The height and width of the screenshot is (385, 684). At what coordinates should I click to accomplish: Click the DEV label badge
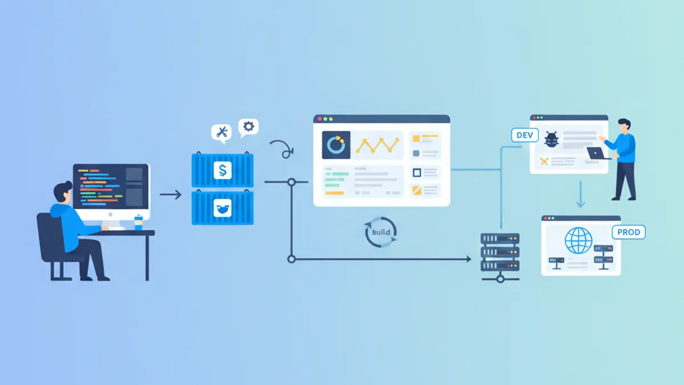coord(524,135)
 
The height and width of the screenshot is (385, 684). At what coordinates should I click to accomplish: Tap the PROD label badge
coord(628,232)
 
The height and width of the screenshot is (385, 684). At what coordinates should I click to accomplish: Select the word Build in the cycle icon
coord(381,232)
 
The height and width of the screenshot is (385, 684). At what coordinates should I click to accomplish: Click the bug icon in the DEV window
coord(552,140)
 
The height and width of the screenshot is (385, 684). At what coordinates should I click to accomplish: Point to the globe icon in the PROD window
coord(579,241)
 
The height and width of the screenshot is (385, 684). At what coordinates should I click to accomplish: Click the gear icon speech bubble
coord(249,127)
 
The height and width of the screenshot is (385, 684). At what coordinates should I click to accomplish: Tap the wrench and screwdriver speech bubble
coord(221,133)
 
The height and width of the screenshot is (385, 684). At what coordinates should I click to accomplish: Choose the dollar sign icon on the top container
coord(223,170)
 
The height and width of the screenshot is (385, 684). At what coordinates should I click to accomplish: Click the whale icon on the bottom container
coord(222,208)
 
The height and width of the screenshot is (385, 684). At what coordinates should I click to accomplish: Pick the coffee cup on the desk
coord(139,222)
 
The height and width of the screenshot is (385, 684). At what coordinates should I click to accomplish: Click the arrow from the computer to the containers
coord(170,194)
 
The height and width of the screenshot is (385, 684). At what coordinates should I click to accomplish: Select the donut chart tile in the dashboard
coord(336,145)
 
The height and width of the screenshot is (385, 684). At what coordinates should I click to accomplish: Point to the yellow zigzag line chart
coord(377,145)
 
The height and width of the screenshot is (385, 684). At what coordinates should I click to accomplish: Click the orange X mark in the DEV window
coord(544,161)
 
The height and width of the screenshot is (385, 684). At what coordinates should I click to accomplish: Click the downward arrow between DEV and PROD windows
coord(580,194)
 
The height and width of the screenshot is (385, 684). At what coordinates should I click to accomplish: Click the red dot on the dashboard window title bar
coord(320,119)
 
